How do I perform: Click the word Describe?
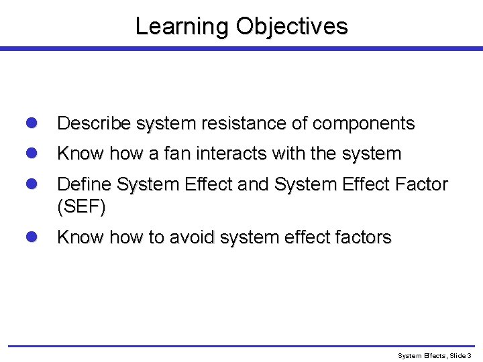(x=94, y=124)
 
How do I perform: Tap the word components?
(x=362, y=124)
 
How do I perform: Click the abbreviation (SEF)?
(x=81, y=208)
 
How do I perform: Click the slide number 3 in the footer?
(x=470, y=355)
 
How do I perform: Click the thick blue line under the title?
(x=241, y=49)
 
